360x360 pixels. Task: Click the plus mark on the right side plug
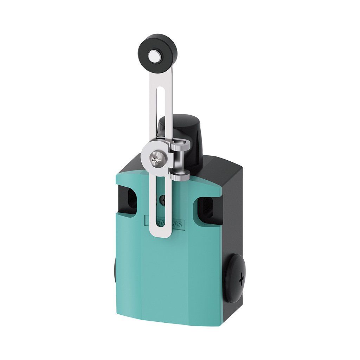241,279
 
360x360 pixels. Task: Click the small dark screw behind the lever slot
162,200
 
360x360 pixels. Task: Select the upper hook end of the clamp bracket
183,144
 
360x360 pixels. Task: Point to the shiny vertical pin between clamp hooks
180,160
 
